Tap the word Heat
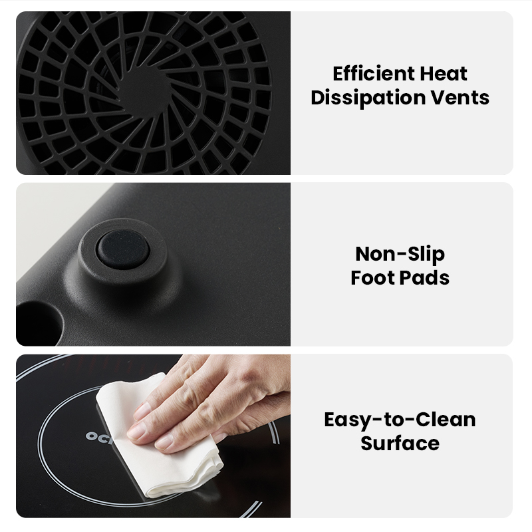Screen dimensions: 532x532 coord(444,74)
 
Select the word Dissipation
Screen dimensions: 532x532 coord(368,98)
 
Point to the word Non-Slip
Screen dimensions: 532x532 coord(400,254)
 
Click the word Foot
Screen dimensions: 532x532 coord(372,277)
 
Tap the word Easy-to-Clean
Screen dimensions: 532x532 coord(400,420)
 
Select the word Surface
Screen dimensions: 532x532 coord(400,443)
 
